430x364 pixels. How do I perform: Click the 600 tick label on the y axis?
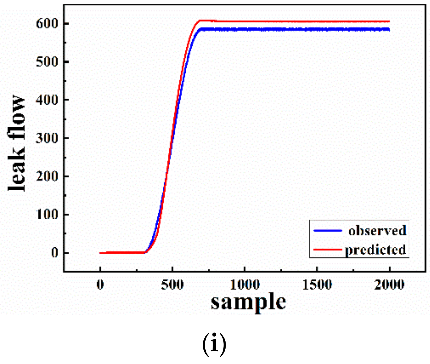[47, 24]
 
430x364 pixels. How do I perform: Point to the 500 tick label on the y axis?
[47, 62]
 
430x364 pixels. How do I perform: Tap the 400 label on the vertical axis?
[47, 100]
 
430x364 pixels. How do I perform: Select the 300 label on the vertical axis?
[47, 138]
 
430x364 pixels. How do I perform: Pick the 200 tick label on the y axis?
[47, 177]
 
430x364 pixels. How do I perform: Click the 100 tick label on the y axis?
[47, 215]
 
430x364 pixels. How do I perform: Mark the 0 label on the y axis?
[55, 253]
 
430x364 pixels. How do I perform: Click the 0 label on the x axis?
[100, 284]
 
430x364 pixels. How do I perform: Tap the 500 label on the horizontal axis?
[172, 284]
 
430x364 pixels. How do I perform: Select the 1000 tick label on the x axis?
[245, 284]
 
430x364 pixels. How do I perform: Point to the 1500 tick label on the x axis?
[317, 284]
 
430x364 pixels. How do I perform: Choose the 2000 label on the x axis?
[389, 284]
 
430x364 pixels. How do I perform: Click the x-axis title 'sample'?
[248, 302]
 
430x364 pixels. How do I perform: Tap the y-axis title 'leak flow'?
[17, 143]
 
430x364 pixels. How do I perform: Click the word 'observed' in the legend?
[377, 231]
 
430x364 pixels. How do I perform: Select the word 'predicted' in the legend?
[375, 250]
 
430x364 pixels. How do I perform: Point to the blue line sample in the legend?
[328, 231]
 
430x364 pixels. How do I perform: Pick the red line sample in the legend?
[328, 250]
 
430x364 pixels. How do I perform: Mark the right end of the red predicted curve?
[389, 22]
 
